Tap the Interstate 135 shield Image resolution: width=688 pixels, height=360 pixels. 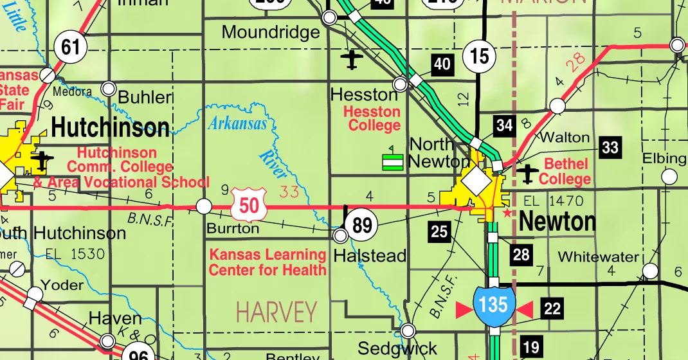[x=493, y=304]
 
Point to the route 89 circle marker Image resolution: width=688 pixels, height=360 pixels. [x=362, y=225]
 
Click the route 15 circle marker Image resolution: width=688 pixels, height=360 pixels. [x=480, y=56]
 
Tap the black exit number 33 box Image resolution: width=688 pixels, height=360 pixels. [x=610, y=148]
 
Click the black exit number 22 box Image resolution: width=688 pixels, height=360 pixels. [x=552, y=309]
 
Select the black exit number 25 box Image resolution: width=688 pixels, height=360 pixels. [x=440, y=231]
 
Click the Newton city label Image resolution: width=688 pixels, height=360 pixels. [x=557, y=222]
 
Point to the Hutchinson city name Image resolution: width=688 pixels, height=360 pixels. [x=111, y=128]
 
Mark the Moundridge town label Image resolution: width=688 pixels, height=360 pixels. [x=270, y=32]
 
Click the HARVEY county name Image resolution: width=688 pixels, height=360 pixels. [x=276, y=312]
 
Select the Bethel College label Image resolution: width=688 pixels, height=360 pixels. [x=567, y=172]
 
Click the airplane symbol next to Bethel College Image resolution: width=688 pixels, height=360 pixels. [x=529, y=173]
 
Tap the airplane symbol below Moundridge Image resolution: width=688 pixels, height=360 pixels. [x=351, y=60]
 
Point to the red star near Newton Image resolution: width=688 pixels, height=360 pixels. [x=507, y=212]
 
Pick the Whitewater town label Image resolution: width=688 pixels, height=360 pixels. [x=598, y=256]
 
